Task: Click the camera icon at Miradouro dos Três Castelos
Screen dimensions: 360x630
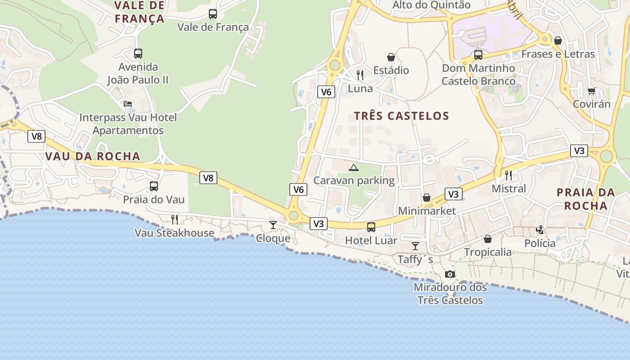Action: [450, 274]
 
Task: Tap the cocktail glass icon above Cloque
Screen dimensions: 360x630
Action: [273, 225]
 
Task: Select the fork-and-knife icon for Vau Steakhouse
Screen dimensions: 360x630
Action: [175, 220]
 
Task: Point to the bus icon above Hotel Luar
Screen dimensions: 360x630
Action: [371, 227]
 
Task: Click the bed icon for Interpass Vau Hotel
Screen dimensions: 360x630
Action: [128, 104]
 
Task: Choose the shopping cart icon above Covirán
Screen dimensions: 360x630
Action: [592, 91]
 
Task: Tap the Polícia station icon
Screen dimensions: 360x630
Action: [540, 230]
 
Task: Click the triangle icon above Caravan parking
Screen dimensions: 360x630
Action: [354, 168]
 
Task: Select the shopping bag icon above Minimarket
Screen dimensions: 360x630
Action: [427, 198]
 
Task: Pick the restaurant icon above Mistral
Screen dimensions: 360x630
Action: [509, 175]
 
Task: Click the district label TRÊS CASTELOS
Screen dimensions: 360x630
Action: [401, 116]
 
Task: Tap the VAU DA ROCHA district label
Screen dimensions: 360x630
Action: [93, 156]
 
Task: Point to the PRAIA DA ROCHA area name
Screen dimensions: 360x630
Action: [585, 199]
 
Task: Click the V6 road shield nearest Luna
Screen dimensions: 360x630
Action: [326, 92]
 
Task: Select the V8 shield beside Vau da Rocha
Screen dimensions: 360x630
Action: [36, 136]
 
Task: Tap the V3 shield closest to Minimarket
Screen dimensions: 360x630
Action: [453, 194]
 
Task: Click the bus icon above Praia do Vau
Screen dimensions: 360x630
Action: [154, 186]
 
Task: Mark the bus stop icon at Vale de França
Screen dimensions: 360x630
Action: [213, 14]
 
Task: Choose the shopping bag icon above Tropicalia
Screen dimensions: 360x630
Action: [488, 239]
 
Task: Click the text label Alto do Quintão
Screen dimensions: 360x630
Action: [431, 5]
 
